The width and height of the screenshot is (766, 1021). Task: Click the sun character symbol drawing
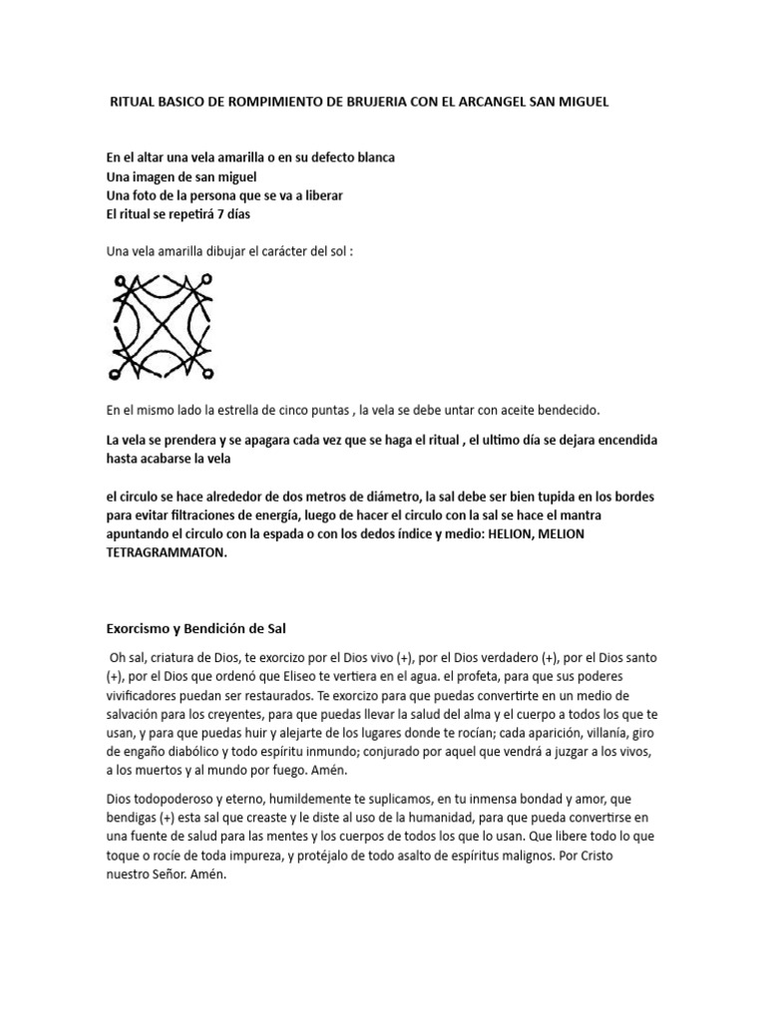[162, 327]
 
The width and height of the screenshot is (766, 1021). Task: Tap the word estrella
[232, 411]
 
